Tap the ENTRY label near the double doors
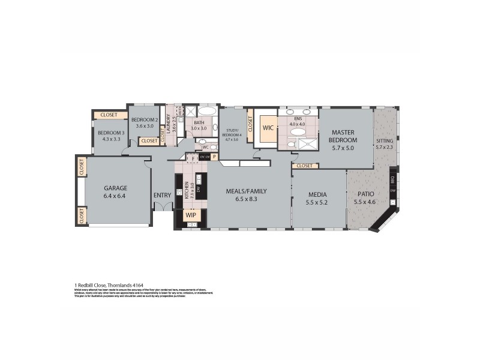(162, 195)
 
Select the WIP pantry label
(191, 214)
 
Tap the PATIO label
(366, 194)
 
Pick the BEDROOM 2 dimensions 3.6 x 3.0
(144, 126)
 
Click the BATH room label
(199, 122)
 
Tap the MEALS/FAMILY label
(246, 191)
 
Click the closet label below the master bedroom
(304, 166)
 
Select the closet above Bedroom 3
(109, 115)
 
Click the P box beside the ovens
(213, 157)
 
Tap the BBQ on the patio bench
(392, 178)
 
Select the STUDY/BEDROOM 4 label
(233, 133)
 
